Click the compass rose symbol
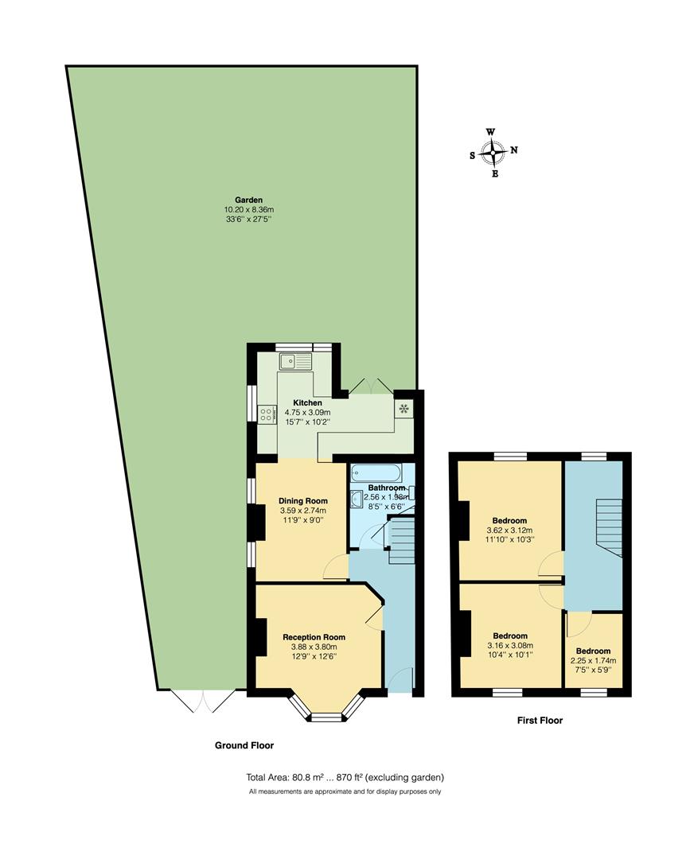[493, 152]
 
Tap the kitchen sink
[294, 361]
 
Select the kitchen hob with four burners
[267, 414]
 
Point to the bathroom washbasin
[357, 498]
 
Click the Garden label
[248, 200]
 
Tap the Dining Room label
[303, 501]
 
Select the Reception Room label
[314, 637]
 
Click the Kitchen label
[307, 402]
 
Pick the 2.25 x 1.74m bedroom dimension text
[593, 661]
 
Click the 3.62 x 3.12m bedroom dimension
[509, 531]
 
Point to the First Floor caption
[540, 721]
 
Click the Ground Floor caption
[244, 745]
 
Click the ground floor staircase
[401, 542]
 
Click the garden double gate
[203, 701]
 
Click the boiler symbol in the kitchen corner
[404, 409]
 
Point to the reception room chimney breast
[261, 636]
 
